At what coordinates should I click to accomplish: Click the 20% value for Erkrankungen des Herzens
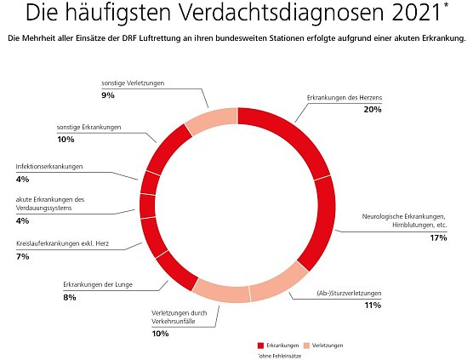click(x=371, y=110)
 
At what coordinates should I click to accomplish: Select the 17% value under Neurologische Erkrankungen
click(x=439, y=237)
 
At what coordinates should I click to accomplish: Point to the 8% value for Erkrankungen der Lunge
click(x=69, y=297)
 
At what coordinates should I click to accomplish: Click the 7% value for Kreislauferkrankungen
click(x=21, y=255)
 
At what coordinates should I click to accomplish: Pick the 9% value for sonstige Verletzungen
click(x=107, y=95)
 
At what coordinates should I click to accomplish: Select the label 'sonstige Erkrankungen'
click(x=88, y=127)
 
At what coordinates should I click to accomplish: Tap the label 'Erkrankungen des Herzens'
click(x=345, y=98)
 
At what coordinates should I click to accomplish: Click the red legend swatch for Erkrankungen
click(x=261, y=345)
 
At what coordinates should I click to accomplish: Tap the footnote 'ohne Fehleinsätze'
click(x=280, y=356)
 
